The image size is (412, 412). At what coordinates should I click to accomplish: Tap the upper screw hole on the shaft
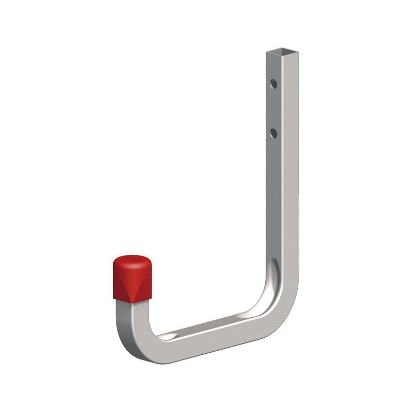(x=273, y=83)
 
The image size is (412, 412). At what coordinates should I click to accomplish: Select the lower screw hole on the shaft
(x=273, y=133)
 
